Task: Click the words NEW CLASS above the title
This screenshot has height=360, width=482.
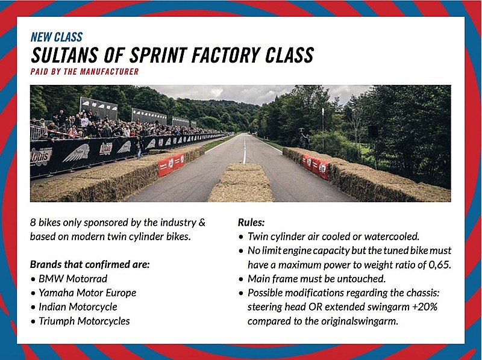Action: (57, 37)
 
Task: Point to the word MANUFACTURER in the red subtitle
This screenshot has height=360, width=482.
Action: (109, 72)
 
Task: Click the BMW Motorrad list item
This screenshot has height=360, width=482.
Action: (73, 279)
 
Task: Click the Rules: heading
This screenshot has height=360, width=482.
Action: (251, 222)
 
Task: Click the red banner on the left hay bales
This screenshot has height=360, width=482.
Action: (171, 164)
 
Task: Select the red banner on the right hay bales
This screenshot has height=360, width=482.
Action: (315, 166)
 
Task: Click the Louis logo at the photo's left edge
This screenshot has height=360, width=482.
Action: (40, 157)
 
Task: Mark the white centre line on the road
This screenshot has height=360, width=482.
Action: (245, 149)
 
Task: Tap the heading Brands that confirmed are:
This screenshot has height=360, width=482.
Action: (90, 264)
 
